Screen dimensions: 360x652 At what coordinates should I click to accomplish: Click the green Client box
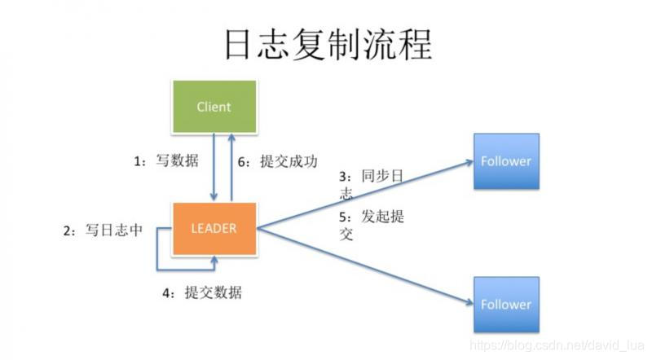[214, 107]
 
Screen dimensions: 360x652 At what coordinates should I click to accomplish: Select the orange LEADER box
[214, 228]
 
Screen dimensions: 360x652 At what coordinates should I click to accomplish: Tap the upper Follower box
[505, 160]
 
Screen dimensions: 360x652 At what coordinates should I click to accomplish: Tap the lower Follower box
[505, 304]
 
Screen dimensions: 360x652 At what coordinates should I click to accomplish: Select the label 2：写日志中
[102, 230]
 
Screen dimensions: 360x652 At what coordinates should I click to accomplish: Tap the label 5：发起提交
[371, 224]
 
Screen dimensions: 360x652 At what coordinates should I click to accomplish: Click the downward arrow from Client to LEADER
[214, 167]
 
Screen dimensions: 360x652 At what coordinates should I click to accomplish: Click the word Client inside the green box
[214, 107]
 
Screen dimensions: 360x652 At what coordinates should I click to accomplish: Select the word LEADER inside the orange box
[214, 228]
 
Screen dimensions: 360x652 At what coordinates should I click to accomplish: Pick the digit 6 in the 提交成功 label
[240, 161]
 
